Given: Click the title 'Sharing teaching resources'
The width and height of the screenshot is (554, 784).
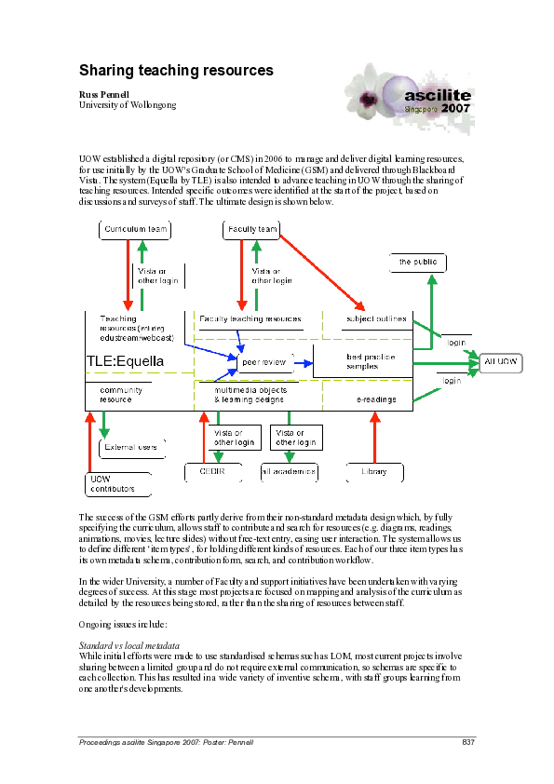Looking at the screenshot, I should (x=176, y=71).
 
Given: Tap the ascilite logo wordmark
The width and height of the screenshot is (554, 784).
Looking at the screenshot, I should (x=438, y=95).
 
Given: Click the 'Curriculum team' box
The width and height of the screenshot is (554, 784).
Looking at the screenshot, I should (x=136, y=229).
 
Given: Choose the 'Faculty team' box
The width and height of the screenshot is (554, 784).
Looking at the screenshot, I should (x=251, y=229).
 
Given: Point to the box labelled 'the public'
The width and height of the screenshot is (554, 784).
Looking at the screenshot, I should (x=418, y=263).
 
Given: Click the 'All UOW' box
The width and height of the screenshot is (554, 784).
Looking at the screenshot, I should (x=503, y=360).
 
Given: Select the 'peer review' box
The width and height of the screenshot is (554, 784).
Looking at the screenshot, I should (x=265, y=360).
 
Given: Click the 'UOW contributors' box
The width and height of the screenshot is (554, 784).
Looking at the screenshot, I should (x=112, y=484).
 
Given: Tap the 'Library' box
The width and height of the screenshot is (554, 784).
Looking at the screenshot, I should (x=373, y=473).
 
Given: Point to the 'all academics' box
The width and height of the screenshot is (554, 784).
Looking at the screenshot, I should (x=290, y=473).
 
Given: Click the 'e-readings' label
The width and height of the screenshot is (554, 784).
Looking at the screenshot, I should (x=376, y=399).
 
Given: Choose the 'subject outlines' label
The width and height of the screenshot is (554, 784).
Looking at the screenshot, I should (x=375, y=318).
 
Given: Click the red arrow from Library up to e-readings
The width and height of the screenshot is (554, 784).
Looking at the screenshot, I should (x=375, y=437).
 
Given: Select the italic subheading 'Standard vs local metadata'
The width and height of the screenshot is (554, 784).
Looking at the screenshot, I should (x=128, y=644).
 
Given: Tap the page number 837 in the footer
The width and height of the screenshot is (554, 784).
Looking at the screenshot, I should (x=468, y=742).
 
